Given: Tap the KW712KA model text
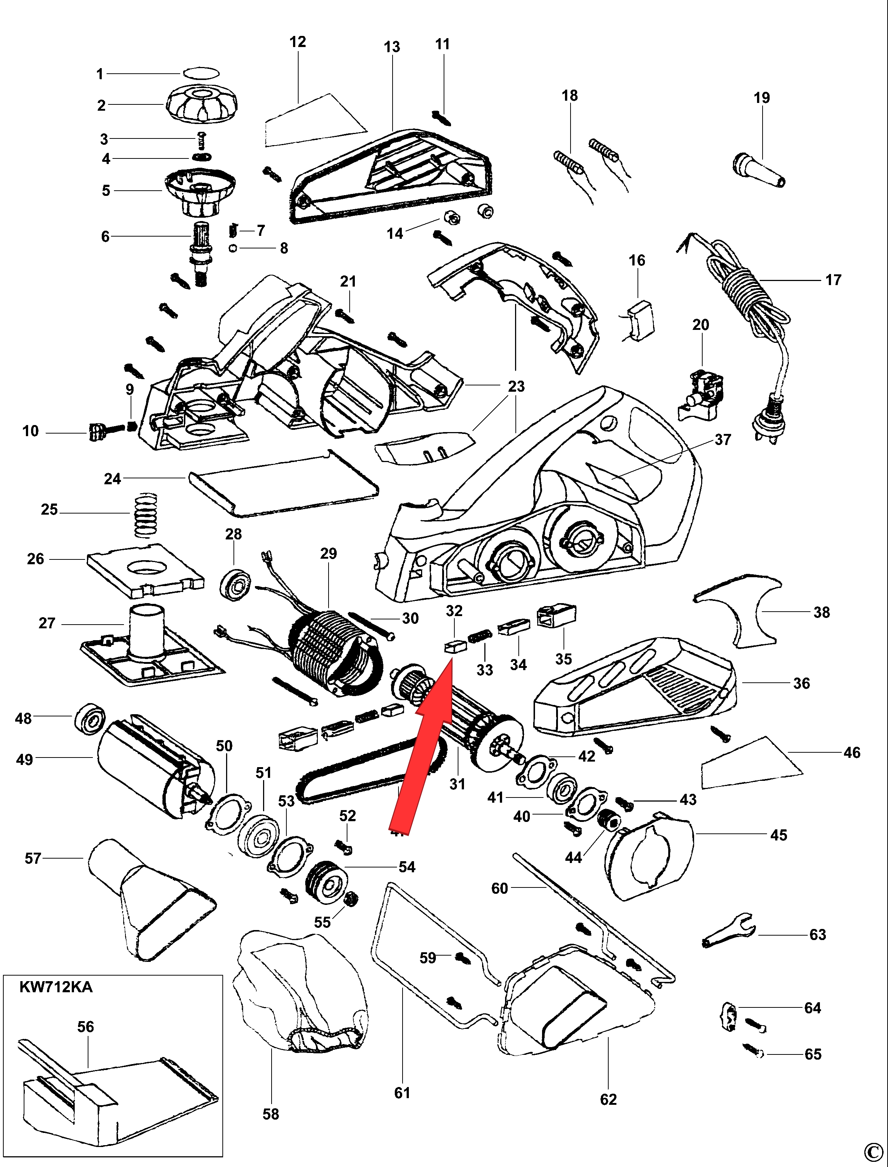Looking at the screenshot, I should point(55,987).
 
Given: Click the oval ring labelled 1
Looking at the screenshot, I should point(201,73).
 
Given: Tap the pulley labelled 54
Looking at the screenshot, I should point(327,883).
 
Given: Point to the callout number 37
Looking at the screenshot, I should point(723,439).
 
